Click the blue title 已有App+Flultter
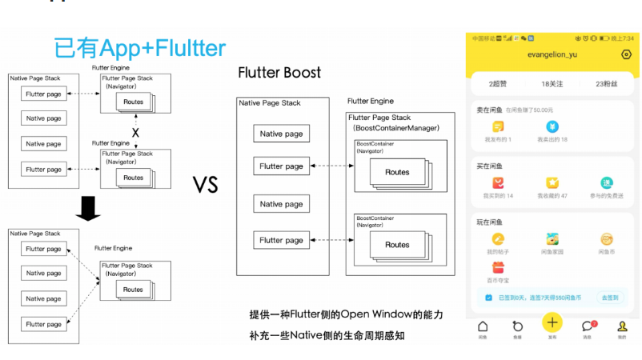(139, 47)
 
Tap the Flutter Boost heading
(279, 73)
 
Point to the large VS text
(206, 185)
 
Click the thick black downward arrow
(86, 209)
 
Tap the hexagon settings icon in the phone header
(625, 54)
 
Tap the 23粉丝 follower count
(609, 84)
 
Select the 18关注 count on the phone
(553, 84)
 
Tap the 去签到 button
(611, 297)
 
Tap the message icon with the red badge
(588, 326)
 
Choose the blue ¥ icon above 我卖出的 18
(552, 126)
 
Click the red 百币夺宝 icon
(498, 267)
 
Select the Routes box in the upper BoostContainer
(397, 172)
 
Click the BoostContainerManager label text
(395, 127)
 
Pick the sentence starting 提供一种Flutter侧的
(346, 315)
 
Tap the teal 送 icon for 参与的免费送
(606, 182)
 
